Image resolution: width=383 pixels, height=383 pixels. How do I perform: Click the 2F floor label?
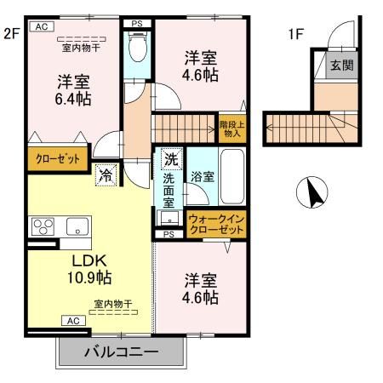pyautogui.click(x=11, y=35)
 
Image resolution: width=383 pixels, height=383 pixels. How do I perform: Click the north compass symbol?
pyautogui.click(x=312, y=194)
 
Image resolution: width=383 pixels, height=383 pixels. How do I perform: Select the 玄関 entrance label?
pyautogui.click(x=342, y=66)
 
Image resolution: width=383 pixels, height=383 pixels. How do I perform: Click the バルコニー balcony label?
pyautogui.click(x=121, y=352)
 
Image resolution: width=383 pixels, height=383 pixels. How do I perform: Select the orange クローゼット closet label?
pyautogui.click(x=57, y=158)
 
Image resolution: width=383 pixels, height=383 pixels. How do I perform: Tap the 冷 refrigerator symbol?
pyautogui.click(x=105, y=176)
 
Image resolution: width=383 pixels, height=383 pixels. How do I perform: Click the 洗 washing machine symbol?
pyautogui.click(x=171, y=158)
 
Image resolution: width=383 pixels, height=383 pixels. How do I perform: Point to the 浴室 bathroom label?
pyautogui.click(x=203, y=177)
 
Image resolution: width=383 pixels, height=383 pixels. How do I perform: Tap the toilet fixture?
pyautogui.click(x=137, y=47)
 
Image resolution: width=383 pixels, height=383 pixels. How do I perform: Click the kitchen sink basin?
pyautogui.click(x=77, y=226)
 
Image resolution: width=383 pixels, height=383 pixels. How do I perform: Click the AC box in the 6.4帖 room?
pyautogui.click(x=39, y=27)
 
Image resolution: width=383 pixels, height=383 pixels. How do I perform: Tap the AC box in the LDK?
pyautogui.click(x=74, y=321)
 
